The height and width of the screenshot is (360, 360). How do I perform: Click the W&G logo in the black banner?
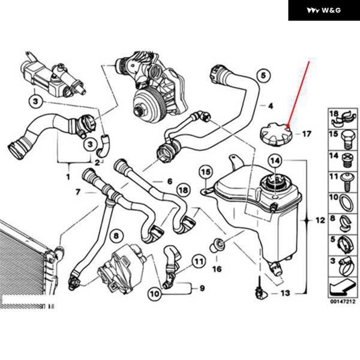[323, 10]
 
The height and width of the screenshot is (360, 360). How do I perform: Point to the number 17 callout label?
[307, 134]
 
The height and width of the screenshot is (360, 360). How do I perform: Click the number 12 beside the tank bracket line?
[319, 221]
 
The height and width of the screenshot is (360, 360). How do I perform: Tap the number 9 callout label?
[202, 288]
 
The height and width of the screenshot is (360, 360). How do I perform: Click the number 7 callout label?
[78, 192]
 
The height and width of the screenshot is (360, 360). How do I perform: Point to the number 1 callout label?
[68, 177]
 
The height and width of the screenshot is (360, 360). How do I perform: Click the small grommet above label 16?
[218, 244]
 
